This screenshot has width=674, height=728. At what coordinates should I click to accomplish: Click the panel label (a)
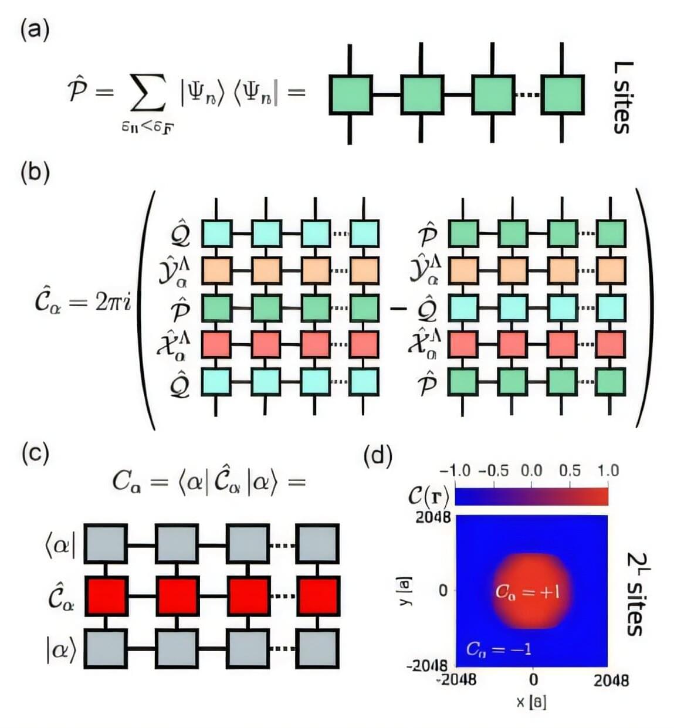point(35,29)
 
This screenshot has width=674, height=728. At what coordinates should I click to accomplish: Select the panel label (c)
point(35,453)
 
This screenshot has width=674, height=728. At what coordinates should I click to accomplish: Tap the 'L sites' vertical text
point(622,97)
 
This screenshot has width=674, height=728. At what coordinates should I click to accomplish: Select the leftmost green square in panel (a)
point(350,94)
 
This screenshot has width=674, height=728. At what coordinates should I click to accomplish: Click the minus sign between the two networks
point(398,308)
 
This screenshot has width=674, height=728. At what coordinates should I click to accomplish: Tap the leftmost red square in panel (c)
point(106,595)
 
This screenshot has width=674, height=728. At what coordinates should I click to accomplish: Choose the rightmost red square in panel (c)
point(317,595)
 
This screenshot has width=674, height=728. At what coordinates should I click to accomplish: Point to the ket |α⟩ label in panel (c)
point(61,649)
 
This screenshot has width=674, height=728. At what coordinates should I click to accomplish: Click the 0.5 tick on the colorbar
point(569,471)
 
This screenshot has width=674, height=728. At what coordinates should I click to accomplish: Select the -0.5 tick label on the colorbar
point(493,471)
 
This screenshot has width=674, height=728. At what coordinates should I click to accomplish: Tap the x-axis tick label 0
point(533,679)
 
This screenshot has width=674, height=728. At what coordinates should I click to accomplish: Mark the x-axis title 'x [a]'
point(531,702)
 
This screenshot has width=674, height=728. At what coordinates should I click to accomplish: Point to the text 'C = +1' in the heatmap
point(527,591)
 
